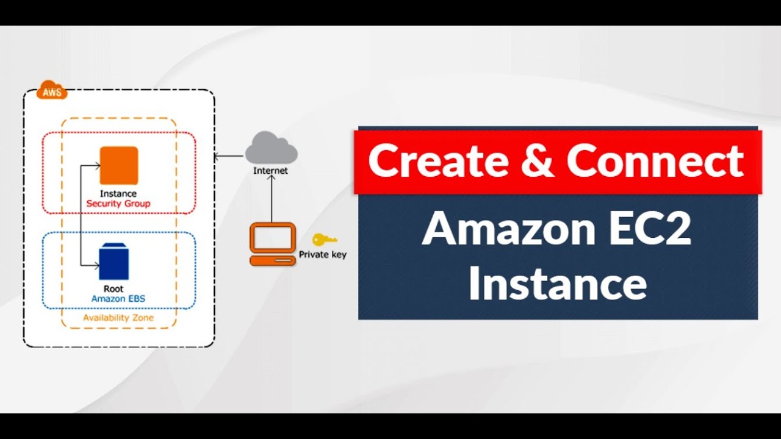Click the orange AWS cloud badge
point(51,92)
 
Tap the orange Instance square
point(120,165)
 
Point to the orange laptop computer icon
point(273,244)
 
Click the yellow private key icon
point(323,240)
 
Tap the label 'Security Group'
point(118,203)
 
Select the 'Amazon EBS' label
point(118,299)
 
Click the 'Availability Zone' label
point(118,318)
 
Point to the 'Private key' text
point(323,255)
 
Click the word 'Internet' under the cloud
point(270,171)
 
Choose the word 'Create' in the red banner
point(438,162)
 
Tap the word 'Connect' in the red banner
point(655,162)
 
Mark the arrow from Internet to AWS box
point(229,156)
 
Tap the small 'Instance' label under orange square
point(118,194)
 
